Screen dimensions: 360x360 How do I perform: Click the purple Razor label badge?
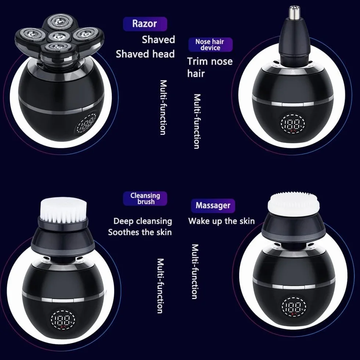click(145, 24)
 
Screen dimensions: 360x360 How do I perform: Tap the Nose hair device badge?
click(210, 44)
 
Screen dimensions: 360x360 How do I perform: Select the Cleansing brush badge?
click(145, 198)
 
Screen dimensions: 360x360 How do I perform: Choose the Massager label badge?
click(213, 206)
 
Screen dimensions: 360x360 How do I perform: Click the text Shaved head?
click(145, 54)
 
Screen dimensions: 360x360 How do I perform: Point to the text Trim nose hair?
click(210, 67)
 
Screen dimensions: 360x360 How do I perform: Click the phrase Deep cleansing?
click(143, 221)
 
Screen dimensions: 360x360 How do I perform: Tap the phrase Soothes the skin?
click(140, 232)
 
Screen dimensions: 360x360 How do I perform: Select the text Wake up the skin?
click(221, 221)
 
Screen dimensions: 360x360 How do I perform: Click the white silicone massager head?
click(294, 204)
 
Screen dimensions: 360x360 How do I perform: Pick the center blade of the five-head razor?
click(59, 36)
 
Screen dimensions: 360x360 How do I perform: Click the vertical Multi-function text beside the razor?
click(163, 107)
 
